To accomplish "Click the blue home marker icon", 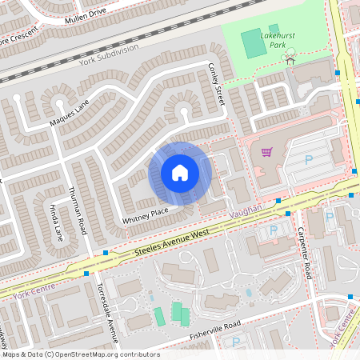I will pyautogui.click(x=180, y=173).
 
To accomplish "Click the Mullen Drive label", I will pyautogui.click(x=85, y=17).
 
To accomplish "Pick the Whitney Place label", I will pyautogui.click(x=145, y=214).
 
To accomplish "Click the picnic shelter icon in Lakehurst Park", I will pyautogui.click(x=290, y=58).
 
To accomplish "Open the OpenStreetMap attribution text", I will pyautogui.click(x=80, y=354).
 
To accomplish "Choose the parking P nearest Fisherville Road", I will pyautogui.click(x=235, y=342).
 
